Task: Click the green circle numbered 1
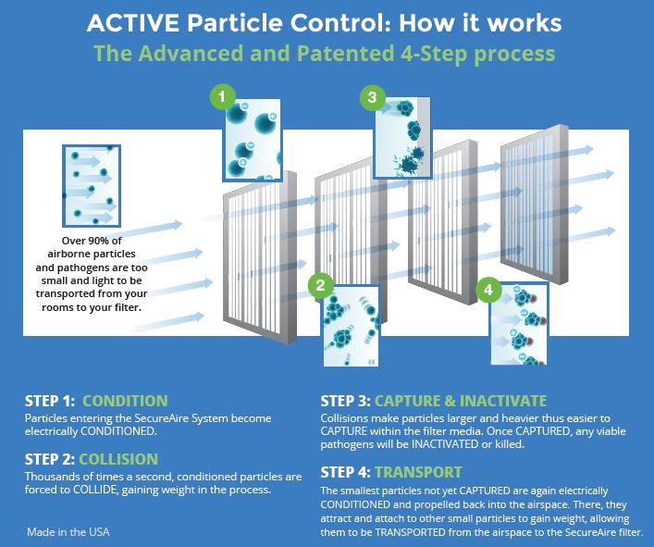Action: click(222, 97)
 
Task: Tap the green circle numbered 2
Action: click(320, 285)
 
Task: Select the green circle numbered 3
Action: click(372, 97)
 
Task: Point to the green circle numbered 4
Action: click(488, 289)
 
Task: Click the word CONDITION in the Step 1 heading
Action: click(125, 401)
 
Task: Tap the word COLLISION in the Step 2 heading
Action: click(118, 459)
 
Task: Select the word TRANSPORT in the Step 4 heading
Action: click(418, 472)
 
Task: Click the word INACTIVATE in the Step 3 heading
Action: click(503, 401)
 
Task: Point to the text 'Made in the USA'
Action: click(68, 532)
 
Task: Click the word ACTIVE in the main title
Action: click(133, 23)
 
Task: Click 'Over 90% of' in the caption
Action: click(92, 241)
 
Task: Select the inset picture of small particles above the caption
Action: click(92, 186)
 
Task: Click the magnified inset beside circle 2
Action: click(352, 326)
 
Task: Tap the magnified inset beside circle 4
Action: click(519, 324)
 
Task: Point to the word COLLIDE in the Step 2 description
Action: click(95, 489)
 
